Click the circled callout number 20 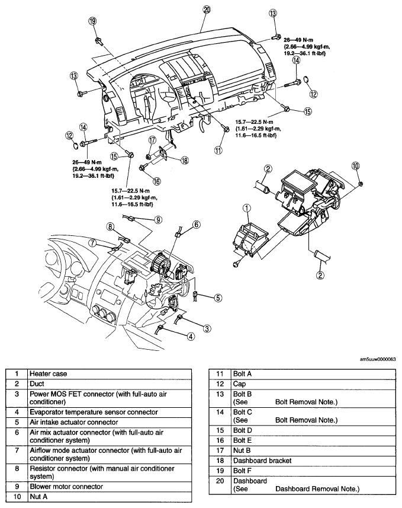pyautogui.click(x=207, y=9)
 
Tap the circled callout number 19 pyautogui.click(x=92, y=21)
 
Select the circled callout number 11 pyautogui.click(x=218, y=150)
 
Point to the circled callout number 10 pyautogui.click(x=355, y=166)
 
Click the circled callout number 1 pyautogui.click(x=247, y=208)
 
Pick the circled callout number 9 pyautogui.click(x=158, y=220)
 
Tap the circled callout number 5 pyautogui.click(x=218, y=298)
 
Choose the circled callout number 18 pyautogui.click(x=185, y=161)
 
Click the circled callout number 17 pyautogui.click(x=152, y=140)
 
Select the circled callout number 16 pyautogui.click(x=157, y=181)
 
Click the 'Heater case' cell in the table pyautogui.click(x=110, y=373)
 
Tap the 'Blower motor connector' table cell pyautogui.click(x=110, y=486)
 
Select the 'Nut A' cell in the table pyautogui.click(x=110, y=496)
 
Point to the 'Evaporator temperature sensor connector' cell pyautogui.click(x=110, y=412)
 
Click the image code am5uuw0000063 pyautogui.click(x=378, y=359)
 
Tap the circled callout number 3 pyautogui.click(x=207, y=328)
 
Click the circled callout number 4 pyautogui.click(x=191, y=337)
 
